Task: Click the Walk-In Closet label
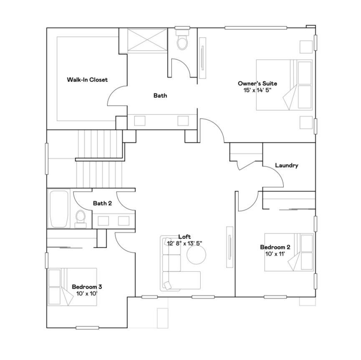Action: pos(87,80)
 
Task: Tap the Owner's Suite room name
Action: pos(257,84)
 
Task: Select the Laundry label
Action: pos(287,165)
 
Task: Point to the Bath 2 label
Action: pos(102,203)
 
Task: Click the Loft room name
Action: pos(184,236)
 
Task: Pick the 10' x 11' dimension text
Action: pos(275,254)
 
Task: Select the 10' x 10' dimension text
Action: pos(87,294)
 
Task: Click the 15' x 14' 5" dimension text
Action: pos(257,90)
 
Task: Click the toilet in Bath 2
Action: pos(81,219)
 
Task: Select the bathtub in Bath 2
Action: pos(59,209)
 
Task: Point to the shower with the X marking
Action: pos(147,40)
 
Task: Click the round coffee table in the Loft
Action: pos(197,254)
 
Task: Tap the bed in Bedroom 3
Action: pos(72,287)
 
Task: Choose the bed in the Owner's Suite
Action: pos(284,85)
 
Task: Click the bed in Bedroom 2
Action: pos(289,252)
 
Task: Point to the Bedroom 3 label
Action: pos(87,287)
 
